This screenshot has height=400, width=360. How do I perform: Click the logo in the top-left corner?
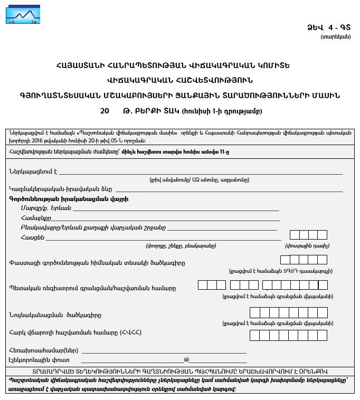coord(23,13)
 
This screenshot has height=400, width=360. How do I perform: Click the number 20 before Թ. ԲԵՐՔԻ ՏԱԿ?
coord(105,111)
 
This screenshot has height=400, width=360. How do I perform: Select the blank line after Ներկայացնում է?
coord(201,172)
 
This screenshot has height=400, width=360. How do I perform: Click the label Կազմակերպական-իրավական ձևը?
coord(60,189)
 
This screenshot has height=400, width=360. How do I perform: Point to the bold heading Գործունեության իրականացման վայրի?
coord(69,199)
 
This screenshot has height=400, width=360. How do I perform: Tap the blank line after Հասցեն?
coord(164,238)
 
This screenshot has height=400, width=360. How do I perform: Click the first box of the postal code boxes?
coord(295,235)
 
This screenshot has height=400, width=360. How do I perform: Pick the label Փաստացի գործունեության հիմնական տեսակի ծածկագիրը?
coord(97,263)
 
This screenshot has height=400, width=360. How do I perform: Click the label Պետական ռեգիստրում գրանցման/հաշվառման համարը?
coord(92,288)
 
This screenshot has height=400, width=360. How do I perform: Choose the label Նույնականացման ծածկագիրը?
coord(55,315)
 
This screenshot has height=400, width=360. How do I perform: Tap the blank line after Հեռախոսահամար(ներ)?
coord(164,350)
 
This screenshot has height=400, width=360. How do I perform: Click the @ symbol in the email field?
coord(186,360)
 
